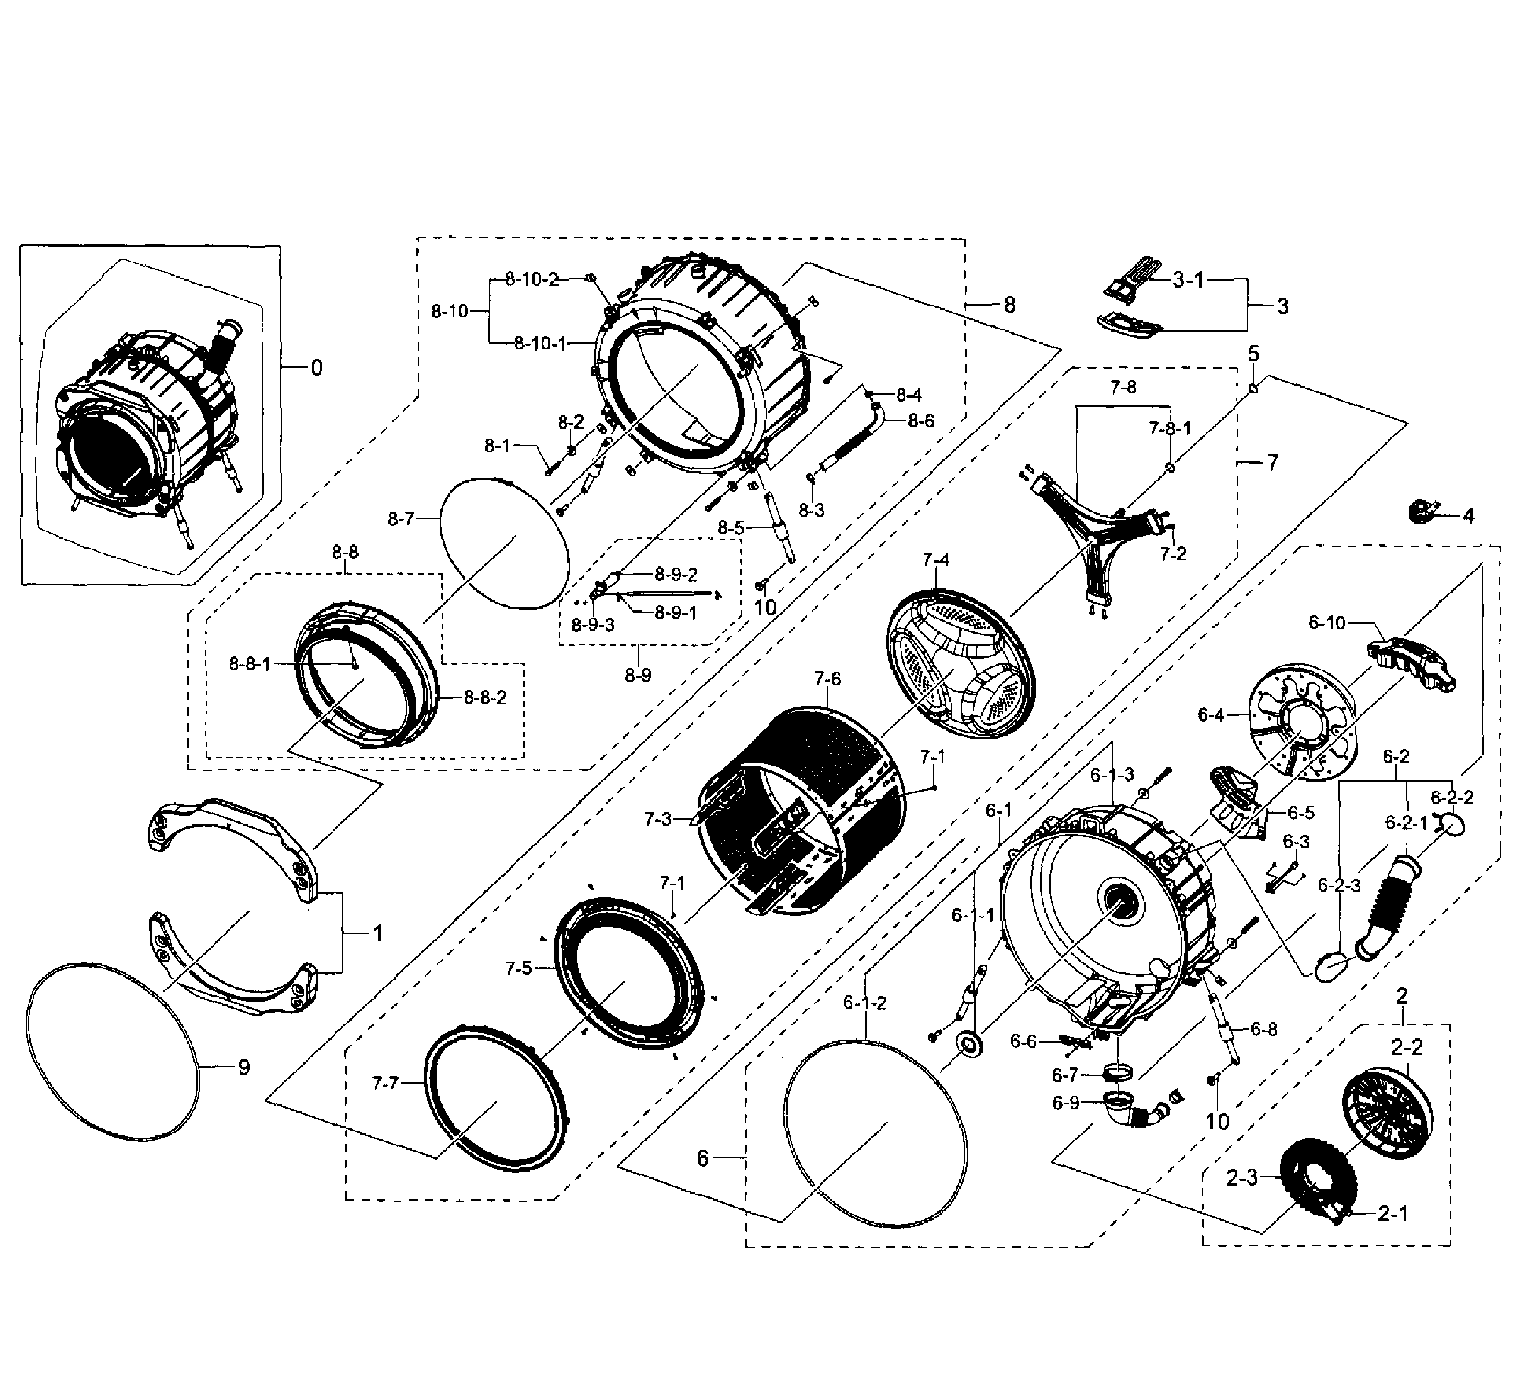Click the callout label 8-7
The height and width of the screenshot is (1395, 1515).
(x=401, y=519)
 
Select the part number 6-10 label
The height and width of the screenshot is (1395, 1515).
(x=1327, y=623)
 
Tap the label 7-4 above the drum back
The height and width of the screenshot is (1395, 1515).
(x=935, y=560)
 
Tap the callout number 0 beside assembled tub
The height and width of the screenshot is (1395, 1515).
(x=316, y=368)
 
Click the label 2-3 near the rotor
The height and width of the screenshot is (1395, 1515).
(x=1241, y=1177)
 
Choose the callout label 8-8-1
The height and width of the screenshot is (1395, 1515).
(x=249, y=665)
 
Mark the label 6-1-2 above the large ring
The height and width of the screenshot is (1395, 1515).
(x=865, y=1003)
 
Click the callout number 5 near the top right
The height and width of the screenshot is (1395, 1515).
(x=1253, y=353)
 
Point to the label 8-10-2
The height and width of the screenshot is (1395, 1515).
(x=532, y=279)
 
